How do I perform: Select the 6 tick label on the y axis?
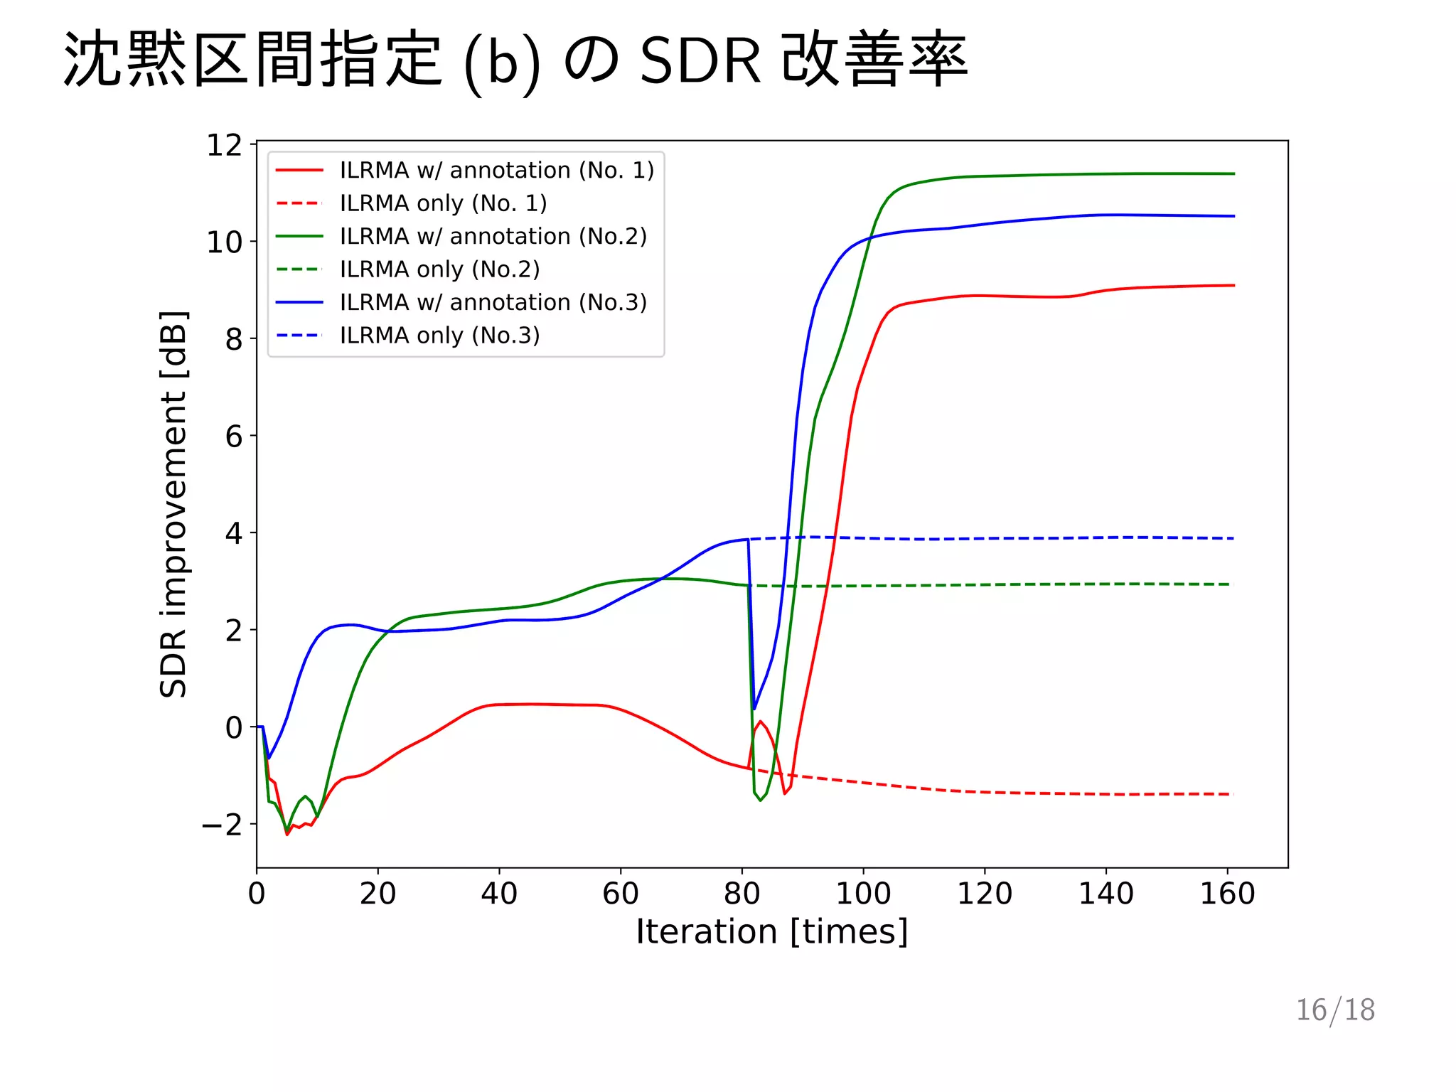[x=234, y=437]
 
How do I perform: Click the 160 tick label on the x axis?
[x=1227, y=894]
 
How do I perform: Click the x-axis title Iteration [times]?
[x=772, y=932]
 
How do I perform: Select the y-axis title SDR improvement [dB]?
[x=173, y=504]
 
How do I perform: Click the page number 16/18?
[x=1335, y=1010]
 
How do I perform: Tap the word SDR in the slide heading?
[x=700, y=61]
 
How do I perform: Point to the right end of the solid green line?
[x=1234, y=173]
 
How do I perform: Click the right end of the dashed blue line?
[x=1233, y=538]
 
